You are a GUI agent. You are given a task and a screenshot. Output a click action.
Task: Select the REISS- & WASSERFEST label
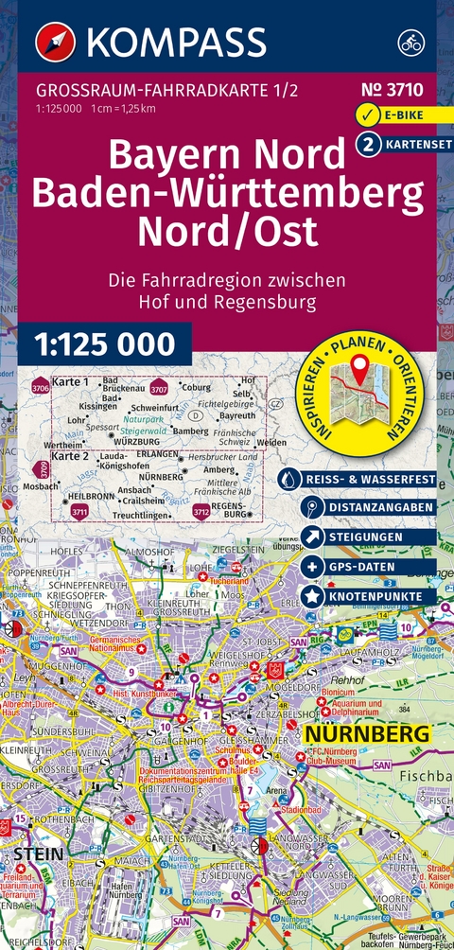(368, 480)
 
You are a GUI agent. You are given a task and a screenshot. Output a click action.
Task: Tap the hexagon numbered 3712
(201, 512)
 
